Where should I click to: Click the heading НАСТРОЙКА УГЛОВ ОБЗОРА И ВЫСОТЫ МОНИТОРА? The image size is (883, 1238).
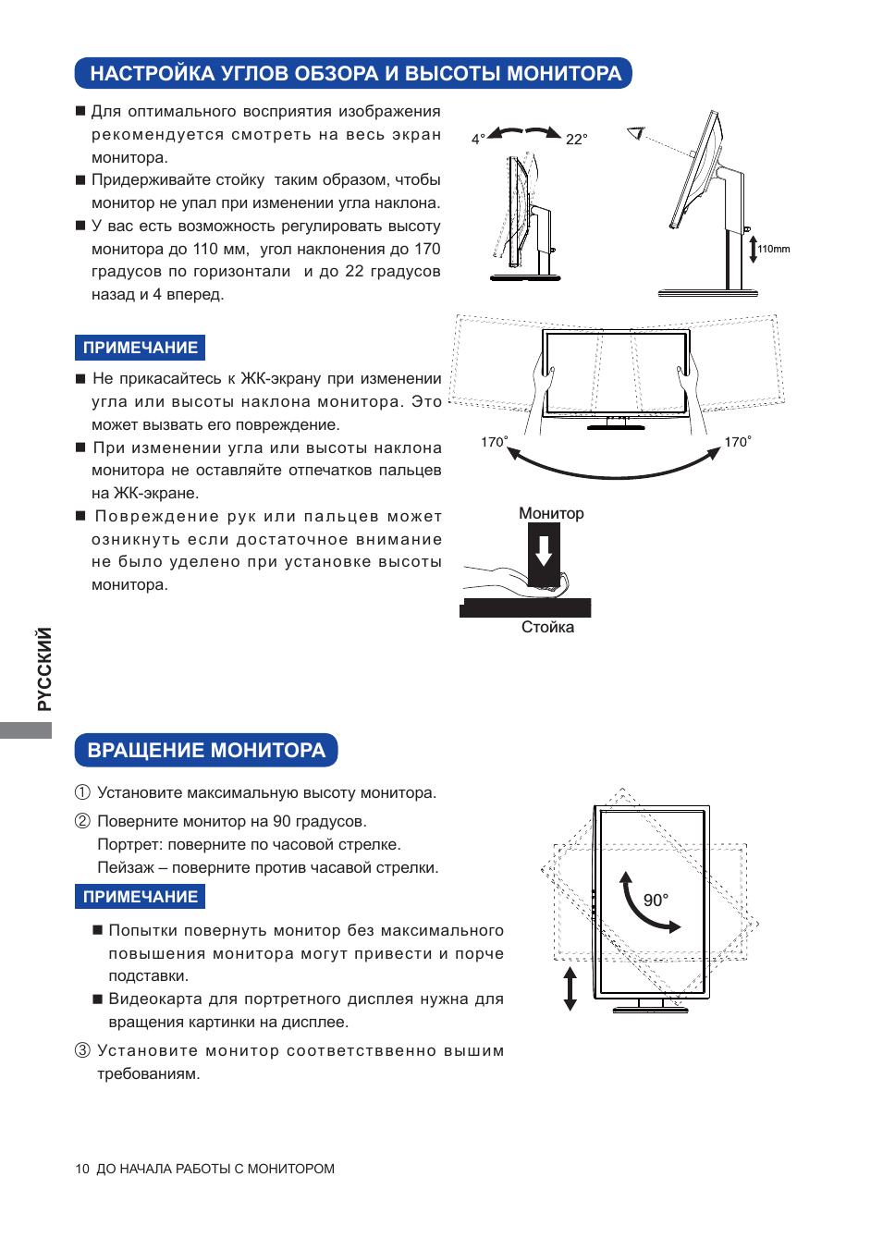point(355,73)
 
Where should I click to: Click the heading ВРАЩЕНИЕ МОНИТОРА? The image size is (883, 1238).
point(206,750)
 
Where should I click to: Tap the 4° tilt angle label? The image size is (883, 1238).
point(478,139)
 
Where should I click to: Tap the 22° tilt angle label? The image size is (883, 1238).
point(576,139)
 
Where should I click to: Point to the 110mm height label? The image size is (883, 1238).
point(774,249)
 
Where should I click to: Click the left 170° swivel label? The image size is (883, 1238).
point(494,442)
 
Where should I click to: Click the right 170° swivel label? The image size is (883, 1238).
point(737,442)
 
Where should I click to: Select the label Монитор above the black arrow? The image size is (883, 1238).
point(551,513)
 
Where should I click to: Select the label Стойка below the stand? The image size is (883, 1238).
point(547,627)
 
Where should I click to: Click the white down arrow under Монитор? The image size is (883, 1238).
point(544,550)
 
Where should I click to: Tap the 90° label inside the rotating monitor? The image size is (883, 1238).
point(656,900)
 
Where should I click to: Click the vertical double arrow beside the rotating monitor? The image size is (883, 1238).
point(570,988)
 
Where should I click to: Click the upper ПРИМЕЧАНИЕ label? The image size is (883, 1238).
point(141,348)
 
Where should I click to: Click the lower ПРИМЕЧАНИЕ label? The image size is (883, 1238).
point(141,897)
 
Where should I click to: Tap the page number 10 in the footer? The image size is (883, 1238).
point(82,1169)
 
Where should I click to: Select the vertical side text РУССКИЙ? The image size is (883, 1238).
point(43,668)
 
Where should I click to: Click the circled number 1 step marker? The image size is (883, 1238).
point(82,792)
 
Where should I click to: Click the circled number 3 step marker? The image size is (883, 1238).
point(82,1050)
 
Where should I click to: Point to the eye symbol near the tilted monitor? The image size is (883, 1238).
point(635,133)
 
